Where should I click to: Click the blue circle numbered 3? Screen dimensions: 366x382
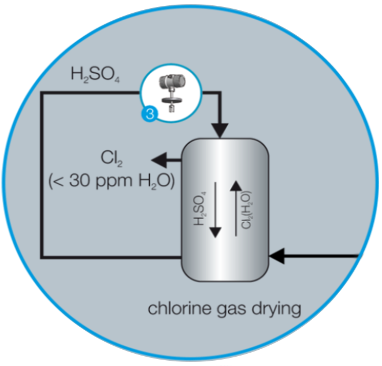coord(149,114)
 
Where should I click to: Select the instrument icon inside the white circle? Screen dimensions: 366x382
coord(172,92)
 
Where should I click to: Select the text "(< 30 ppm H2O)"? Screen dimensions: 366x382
coord(113,180)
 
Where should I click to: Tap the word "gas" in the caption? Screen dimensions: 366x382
coord(228,309)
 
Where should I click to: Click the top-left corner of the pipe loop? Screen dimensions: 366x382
coord(42,93)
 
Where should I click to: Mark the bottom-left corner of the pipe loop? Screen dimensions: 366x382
coord(42,256)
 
